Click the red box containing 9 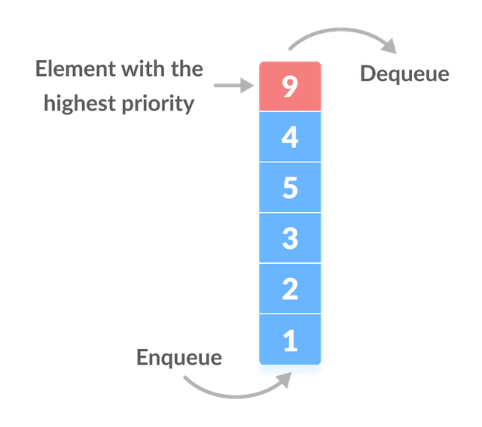(290, 86)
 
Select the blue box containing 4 (290, 137)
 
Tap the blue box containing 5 (290, 187)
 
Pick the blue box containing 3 (290, 238)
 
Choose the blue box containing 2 (290, 289)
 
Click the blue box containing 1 (290, 339)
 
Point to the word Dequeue (404, 74)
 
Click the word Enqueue (179, 359)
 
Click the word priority (158, 104)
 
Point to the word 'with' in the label (144, 68)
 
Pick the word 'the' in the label (188, 68)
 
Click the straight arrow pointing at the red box (234, 85)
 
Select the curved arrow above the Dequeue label (341, 30)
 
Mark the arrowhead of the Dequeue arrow (389, 46)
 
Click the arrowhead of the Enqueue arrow (285, 379)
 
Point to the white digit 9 (290, 86)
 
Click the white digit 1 (291, 341)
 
